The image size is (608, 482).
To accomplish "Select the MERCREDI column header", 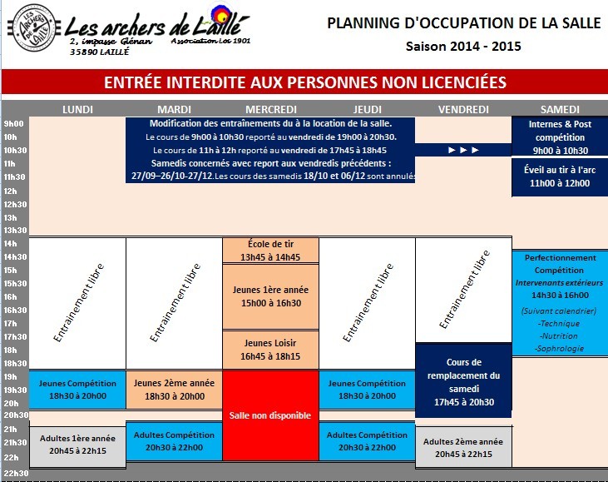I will (x=271, y=109).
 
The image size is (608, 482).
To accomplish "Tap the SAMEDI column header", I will (x=559, y=109).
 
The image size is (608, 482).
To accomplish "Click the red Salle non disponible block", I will (x=271, y=415).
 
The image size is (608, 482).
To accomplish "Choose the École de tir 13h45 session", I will (x=271, y=251).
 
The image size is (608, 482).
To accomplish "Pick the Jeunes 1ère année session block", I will (x=271, y=296).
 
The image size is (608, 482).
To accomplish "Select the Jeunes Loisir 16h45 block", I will (x=271, y=349).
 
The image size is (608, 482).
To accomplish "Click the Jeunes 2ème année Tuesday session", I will (x=174, y=389).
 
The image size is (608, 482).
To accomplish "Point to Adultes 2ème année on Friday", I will (x=463, y=448).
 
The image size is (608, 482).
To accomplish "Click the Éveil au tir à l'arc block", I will (x=560, y=176).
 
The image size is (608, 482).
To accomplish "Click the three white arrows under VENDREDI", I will (x=463, y=151).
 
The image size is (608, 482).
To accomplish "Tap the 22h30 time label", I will (x=14, y=474).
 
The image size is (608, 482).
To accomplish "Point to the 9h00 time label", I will (x=12, y=123).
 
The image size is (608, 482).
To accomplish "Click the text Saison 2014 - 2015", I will (x=463, y=46).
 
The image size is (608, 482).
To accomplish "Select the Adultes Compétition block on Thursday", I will (x=367, y=440).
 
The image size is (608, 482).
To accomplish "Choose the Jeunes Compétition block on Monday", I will (x=77, y=389).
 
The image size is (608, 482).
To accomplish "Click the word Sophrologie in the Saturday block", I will (x=560, y=348).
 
